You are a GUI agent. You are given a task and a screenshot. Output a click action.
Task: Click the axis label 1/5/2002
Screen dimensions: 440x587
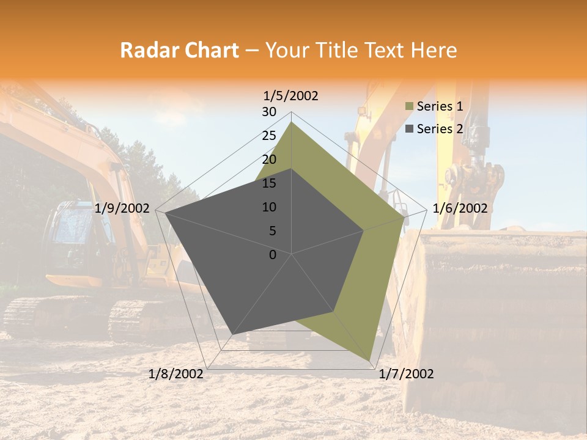pyautogui.click(x=291, y=96)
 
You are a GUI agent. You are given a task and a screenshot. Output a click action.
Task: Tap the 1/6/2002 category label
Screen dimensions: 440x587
pyautogui.click(x=460, y=208)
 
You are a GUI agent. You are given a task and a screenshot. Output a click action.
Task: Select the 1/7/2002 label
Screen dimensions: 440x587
pyautogui.click(x=406, y=374)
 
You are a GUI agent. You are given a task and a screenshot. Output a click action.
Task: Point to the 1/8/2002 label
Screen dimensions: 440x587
pyautogui.click(x=176, y=374)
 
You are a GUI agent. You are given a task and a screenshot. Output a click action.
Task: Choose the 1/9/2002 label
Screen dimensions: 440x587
pyautogui.click(x=122, y=208)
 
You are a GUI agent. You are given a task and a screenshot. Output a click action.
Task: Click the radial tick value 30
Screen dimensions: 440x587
pyautogui.click(x=269, y=112)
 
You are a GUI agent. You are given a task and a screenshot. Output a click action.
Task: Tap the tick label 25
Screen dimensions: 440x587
pyautogui.click(x=269, y=136)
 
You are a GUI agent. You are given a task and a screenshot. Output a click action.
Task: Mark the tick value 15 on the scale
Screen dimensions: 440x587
pyautogui.click(x=269, y=183)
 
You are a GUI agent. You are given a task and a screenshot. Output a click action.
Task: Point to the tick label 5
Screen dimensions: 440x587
pyautogui.click(x=272, y=231)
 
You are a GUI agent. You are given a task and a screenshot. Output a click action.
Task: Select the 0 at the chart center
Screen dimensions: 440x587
pyautogui.click(x=273, y=255)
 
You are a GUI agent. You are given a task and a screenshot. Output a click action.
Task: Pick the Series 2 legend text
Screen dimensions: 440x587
pyautogui.click(x=440, y=129)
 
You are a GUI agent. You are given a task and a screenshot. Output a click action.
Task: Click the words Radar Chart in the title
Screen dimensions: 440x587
pyautogui.click(x=179, y=51)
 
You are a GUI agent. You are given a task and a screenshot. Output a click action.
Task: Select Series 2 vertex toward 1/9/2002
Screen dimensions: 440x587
pyautogui.click(x=166, y=213)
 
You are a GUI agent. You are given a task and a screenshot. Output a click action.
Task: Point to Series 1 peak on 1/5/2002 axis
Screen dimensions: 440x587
pyautogui.click(x=292, y=122)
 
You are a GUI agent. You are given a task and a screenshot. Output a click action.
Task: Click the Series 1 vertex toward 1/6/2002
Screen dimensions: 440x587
pyautogui.click(x=404, y=217)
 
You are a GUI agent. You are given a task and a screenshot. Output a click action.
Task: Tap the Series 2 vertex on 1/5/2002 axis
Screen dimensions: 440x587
pyautogui.click(x=292, y=169)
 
